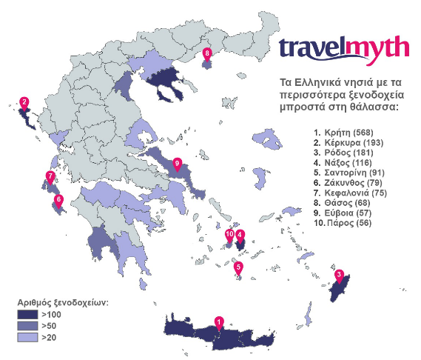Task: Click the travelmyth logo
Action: [x=343, y=48]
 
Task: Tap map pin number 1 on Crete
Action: [x=219, y=322]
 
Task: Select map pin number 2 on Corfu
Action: [x=24, y=103]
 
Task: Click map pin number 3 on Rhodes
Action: [x=338, y=276]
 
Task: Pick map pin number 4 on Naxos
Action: [x=240, y=236]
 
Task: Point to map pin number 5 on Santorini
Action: [x=238, y=267]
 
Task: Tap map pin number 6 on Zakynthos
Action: [x=59, y=199]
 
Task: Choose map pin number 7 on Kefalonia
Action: [x=50, y=176]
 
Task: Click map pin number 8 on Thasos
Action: [x=207, y=53]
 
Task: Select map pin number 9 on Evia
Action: [x=176, y=163]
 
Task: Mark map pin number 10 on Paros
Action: [x=229, y=236]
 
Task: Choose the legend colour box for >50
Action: [x=27, y=327]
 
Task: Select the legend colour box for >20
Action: [x=27, y=338]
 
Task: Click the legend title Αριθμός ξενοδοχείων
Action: [x=64, y=304]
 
